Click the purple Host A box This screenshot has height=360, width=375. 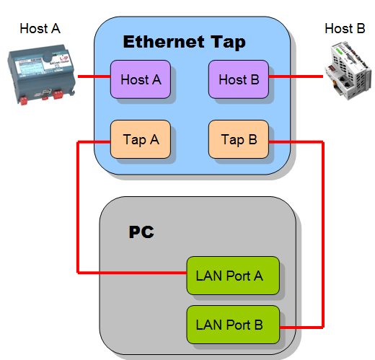(x=140, y=79)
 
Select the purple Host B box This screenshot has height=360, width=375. (x=238, y=79)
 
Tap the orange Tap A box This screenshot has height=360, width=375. (x=140, y=139)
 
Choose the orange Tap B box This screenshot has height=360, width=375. (x=238, y=139)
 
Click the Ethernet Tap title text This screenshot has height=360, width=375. (x=184, y=42)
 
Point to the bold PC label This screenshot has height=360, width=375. (x=141, y=232)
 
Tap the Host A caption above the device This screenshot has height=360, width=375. (x=40, y=29)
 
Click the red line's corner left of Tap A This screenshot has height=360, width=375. (x=78, y=142)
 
